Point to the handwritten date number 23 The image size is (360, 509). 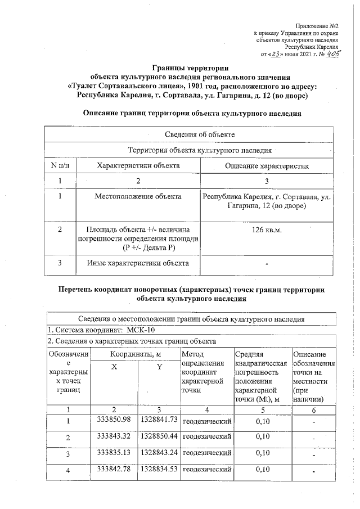(x=272, y=55)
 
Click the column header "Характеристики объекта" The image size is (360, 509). (x=138, y=166)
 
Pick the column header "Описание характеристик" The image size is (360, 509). (x=267, y=166)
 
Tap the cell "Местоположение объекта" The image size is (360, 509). (x=138, y=197)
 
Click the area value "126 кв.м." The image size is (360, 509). (x=267, y=231)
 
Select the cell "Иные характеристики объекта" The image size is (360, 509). (x=138, y=262)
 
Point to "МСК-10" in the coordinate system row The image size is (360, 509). (x=143, y=330)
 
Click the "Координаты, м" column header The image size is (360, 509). (x=136, y=354)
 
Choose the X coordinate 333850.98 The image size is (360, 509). (x=114, y=420)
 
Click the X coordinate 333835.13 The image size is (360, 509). (x=114, y=452)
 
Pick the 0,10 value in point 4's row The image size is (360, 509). (x=263, y=469)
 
